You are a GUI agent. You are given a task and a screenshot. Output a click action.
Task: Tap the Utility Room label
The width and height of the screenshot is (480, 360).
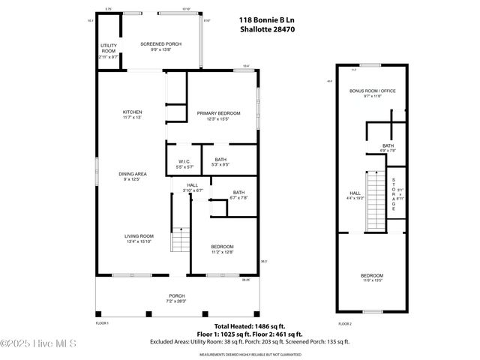click(108, 50)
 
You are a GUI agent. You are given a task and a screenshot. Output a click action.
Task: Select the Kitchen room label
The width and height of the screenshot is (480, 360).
click(132, 115)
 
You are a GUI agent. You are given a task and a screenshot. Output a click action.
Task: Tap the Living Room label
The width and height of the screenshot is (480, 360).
click(139, 238)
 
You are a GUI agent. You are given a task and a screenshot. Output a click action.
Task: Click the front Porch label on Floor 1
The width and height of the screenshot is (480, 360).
click(176, 297)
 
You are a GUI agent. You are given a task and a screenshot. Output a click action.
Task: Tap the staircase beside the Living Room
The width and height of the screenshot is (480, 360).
click(180, 241)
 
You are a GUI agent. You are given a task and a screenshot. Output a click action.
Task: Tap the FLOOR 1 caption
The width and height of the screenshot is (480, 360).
click(102, 323)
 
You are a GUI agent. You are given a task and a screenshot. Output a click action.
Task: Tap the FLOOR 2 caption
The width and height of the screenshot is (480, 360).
click(344, 323)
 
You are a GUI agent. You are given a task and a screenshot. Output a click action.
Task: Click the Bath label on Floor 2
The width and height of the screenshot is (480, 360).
click(388, 147)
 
